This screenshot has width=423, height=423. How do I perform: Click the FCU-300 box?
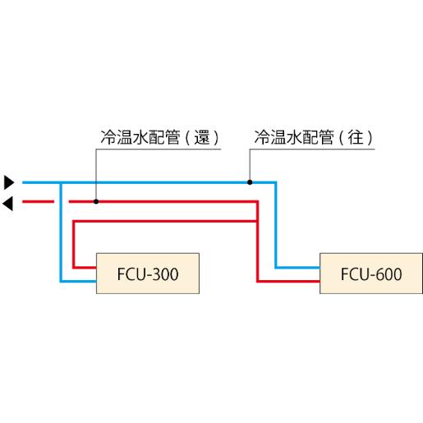[x=148, y=274]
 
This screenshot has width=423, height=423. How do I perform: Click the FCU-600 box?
[x=371, y=274]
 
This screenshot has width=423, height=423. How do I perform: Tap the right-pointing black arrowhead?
[x=9, y=182]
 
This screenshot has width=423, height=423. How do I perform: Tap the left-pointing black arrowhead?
[x=7, y=204]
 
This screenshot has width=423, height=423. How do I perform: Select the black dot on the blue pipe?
[x=250, y=182]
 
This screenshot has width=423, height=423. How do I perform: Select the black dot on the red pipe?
[x=96, y=201]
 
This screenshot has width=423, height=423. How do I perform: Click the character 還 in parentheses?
[x=202, y=137]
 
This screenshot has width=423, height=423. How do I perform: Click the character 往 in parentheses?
[x=356, y=137]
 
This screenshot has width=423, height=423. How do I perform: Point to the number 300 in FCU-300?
[x=165, y=274]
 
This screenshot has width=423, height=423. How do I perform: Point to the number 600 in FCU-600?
[x=389, y=274]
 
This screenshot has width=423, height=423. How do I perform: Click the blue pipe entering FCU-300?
[x=79, y=281]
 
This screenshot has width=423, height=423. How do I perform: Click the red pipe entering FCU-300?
[x=85, y=267]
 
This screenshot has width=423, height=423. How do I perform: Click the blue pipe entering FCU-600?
[x=297, y=267]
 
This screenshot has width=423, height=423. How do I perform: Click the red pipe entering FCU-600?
[x=288, y=281]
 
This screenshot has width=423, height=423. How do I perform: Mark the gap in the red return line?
[x=62, y=202]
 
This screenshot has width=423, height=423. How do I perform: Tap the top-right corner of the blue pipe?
[x=276, y=182]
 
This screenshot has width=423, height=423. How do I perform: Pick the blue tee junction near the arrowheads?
[x=61, y=182]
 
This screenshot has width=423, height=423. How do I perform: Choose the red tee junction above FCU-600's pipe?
[x=257, y=221]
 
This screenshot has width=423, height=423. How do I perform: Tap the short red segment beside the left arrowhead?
[x=39, y=202]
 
